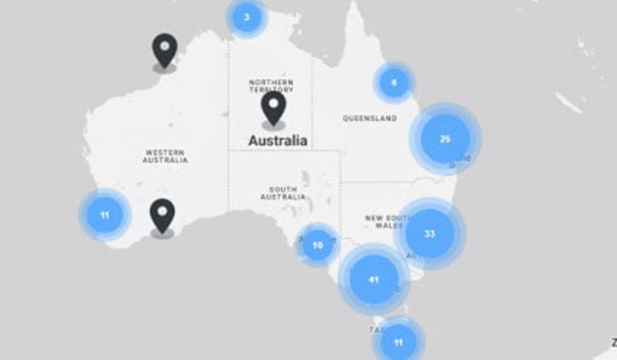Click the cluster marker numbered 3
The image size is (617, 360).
(x=247, y=17)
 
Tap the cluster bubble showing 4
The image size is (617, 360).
(x=394, y=83)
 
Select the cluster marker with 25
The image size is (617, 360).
(x=445, y=138)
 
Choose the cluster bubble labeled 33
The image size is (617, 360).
(x=429, y=233)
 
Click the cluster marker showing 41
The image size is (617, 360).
(x=373, y=279)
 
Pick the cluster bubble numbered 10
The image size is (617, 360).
(x=318, y=245)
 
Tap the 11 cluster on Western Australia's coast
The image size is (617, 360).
(x=105, y=214)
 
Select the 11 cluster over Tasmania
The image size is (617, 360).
(x=398, y=341)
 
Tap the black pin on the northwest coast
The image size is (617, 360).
(x=165, y=50)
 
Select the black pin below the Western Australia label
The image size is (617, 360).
(x=162, y=215)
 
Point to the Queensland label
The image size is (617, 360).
(x=369, y=118)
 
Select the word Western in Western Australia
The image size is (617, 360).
(x=165, y=153)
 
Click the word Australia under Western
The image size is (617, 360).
(x=165, y=160)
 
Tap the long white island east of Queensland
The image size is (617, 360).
(x=567, y=102)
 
